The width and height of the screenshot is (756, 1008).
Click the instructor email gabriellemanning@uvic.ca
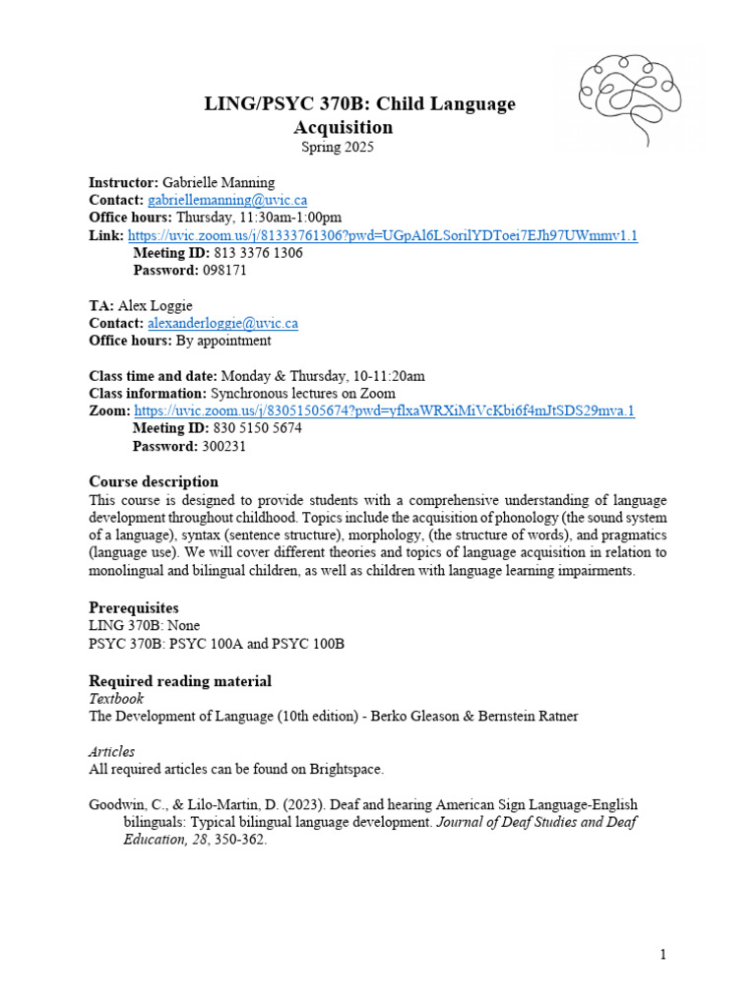(x=227, y=200)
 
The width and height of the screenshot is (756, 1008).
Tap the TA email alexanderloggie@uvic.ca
(x=222, y=323)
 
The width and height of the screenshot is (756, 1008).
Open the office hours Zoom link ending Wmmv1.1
(x=383, y=235)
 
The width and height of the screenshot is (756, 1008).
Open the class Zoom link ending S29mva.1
(x=384, y=410)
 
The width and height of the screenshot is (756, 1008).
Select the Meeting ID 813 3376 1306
(x=257, y=253)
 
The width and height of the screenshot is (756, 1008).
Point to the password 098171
(x=224, y=271)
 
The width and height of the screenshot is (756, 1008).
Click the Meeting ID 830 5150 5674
(x=257, y=428)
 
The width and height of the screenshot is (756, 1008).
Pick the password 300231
(x=224, y=446)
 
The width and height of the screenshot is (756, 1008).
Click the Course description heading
(x=154, y=481)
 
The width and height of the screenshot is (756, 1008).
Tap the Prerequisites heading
(x=134, y=607)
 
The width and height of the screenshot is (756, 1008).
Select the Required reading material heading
(x=180, y=681)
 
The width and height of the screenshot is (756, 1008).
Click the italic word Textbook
(x=116, y=698)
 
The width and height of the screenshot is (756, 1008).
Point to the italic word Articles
(x=111, y=751)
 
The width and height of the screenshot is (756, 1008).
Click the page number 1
(x=663, y=954)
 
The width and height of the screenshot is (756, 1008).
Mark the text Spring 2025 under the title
(x=338, y=148)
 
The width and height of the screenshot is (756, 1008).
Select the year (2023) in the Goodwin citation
(x=276, y=804)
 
